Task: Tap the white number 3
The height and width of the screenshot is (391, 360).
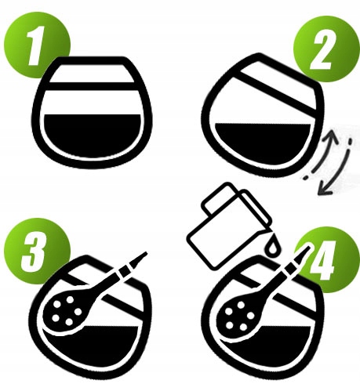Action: click(x=32, y=252)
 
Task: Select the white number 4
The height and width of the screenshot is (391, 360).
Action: click(x=322, y=261)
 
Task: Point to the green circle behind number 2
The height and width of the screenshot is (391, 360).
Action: click(x=326, y=49)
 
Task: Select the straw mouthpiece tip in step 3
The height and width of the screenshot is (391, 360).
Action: click(x=146, y=253)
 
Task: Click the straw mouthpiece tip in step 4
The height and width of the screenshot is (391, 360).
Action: click(x=308, y=248)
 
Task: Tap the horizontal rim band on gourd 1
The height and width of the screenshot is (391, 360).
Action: click(x=90, y=86)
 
